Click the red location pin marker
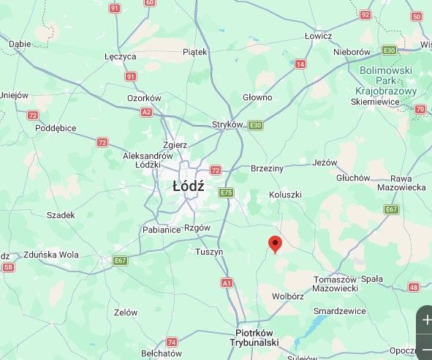[275, 244]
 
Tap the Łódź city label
[189, 187]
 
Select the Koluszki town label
[285, 195]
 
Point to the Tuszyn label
[209, 252]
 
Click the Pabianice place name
[161, 230]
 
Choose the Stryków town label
[227, 124]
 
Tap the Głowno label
[257, 97]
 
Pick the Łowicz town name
[318, 36]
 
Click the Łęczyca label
[120, 56]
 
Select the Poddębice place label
[56, 128]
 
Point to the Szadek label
[61, 215]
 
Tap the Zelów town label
[126, 312]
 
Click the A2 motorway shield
[146, 112]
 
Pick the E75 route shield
[226, 192]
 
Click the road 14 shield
[300, 64]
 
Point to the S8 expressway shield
[8, 268]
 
